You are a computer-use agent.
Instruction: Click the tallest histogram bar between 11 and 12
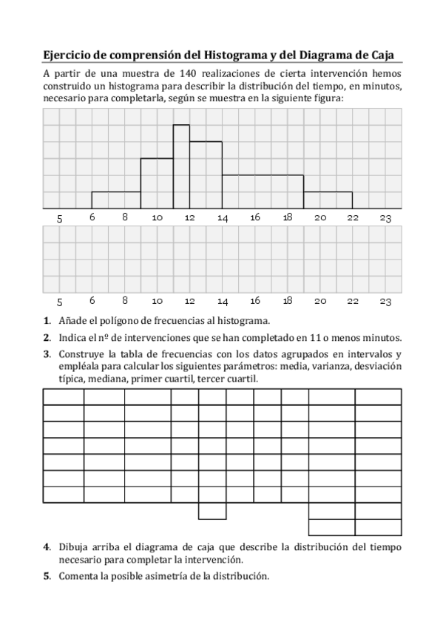click(181, 166)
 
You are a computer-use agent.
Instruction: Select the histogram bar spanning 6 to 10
click(116, 200)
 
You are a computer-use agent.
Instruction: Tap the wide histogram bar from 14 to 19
click(263, 192)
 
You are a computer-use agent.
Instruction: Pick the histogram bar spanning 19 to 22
click(328, 200)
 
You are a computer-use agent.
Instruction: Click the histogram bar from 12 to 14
click(206, 175)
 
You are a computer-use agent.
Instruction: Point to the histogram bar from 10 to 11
click(157, 183)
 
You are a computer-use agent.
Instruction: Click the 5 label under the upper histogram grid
click(60, 218)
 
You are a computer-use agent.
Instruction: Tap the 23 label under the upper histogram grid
click(385, 218)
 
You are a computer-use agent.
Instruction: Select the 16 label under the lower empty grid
click(255, 302)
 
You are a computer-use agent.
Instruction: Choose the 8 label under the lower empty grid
click(125, 302)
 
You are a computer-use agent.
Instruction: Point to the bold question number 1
click(47, 320)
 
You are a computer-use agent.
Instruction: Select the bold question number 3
click(47, 353)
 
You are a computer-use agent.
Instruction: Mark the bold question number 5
click(47, 575)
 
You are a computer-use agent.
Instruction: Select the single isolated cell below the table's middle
click(212, 511)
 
